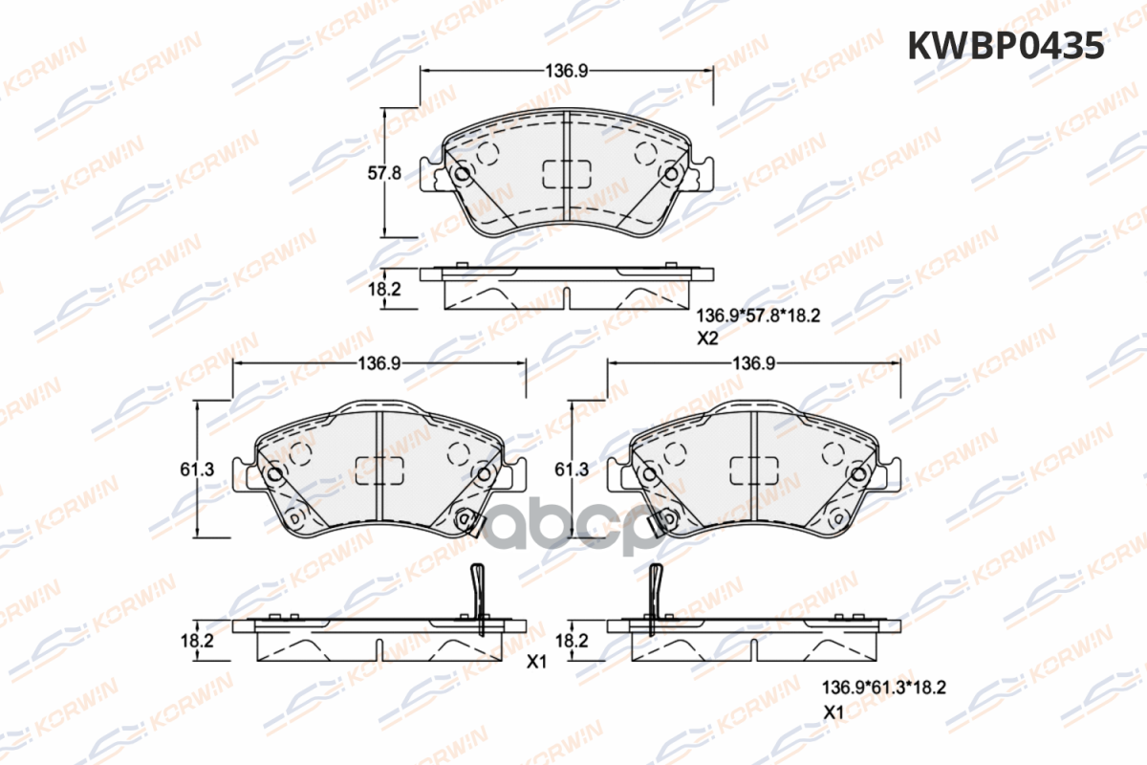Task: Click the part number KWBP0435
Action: click(x=1006, y=46)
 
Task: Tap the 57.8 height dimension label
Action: click(x=384, y=173)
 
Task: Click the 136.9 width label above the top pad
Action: click(x=566, y=71)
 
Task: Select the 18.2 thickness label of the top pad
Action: click(x=384, y=290)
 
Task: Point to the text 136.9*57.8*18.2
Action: click(x=758, y=316)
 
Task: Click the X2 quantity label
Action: click(x=707, y=339)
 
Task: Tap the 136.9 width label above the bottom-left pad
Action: click(x=379, y=363)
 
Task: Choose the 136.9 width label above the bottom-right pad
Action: click(x=754, y=363)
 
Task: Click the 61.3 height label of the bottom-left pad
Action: click(x=197, y=470)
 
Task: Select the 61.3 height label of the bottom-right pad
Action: click(x=572, y=470)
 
